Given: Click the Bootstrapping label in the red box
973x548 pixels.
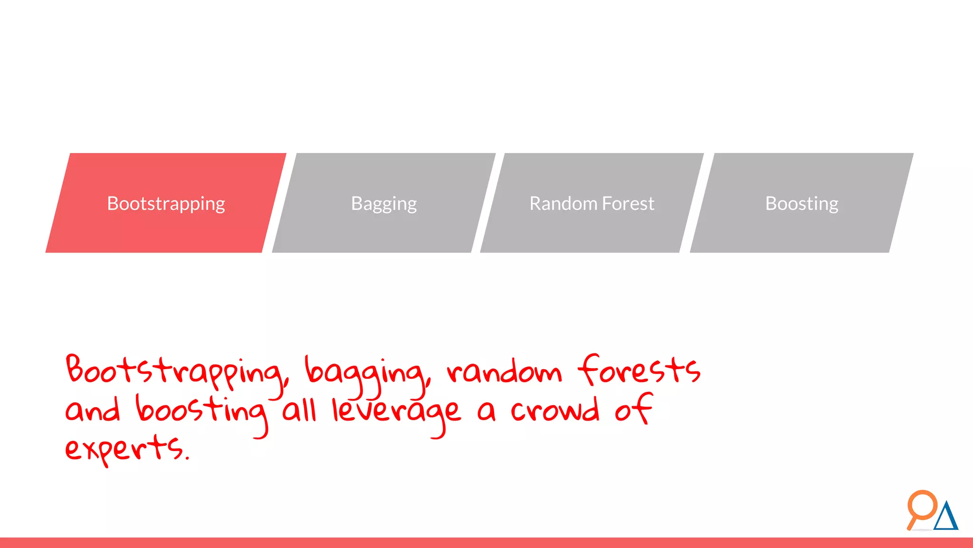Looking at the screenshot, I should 166,204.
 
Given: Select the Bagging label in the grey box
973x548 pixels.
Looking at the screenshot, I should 384,204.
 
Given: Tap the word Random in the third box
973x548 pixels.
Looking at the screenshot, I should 563,204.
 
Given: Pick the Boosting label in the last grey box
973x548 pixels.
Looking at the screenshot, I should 801,204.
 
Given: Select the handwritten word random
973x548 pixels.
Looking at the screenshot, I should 504,372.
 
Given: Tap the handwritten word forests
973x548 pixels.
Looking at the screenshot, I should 639,370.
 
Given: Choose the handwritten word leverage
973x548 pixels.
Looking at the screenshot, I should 396,411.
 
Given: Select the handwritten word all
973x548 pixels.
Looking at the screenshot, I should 299,410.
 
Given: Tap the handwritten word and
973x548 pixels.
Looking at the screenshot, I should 93,410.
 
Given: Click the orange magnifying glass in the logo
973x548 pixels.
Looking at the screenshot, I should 922,506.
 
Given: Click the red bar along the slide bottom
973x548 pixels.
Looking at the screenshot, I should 486,543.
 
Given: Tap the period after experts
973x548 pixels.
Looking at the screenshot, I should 187,459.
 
